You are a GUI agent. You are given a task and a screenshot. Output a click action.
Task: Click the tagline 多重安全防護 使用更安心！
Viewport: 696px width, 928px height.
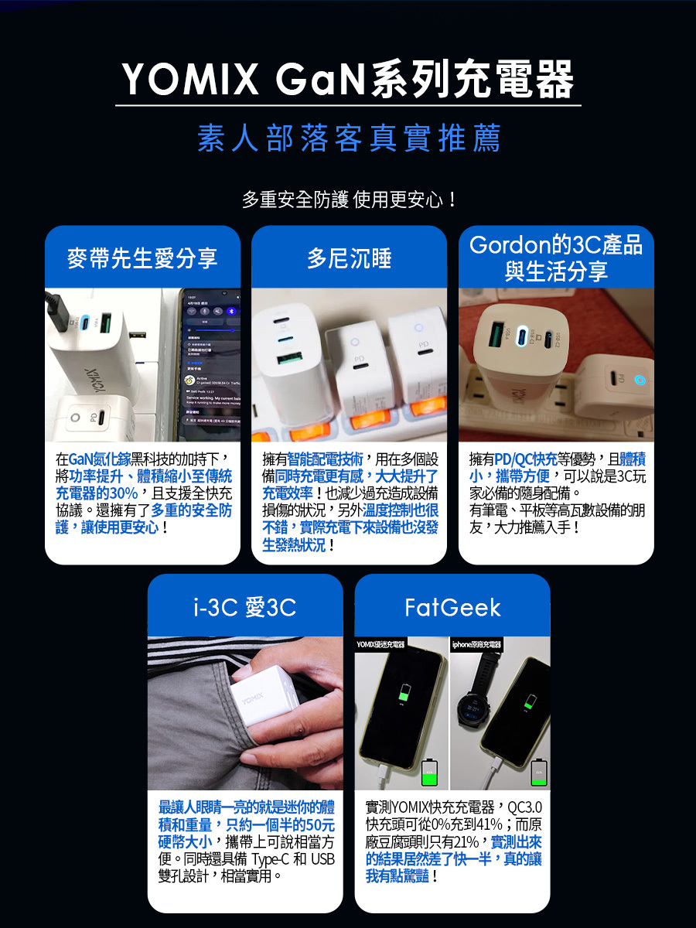(348, 200)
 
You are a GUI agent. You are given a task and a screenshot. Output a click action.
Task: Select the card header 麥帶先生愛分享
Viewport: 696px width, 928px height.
(142, 258)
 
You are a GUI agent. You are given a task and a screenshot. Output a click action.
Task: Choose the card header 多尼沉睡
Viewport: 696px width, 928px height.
(349, 258)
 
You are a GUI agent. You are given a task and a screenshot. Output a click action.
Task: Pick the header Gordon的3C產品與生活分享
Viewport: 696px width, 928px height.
(556, 258)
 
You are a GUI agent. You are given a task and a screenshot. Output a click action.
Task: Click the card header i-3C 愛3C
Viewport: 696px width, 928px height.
(244, 608)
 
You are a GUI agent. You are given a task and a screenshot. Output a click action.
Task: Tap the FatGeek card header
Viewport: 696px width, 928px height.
(452, 608)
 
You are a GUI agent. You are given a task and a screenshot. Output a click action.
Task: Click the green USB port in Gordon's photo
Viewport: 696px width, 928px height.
(493, 338)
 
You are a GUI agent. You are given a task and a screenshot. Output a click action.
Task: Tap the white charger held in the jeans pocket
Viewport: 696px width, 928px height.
(259, 704)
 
